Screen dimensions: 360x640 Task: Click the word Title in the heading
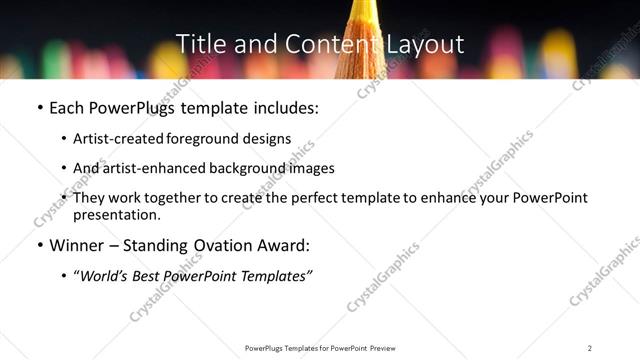click(x=198, y=45)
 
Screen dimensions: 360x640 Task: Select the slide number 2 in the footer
click(x=590, y=348)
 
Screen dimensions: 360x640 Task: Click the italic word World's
click(x=103, y=275)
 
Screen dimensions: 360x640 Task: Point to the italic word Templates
click(x=273, y=275)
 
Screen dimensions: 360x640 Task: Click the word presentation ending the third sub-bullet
click(x=117, y=215)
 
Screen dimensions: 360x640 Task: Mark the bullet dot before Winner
click(x=38, y=246)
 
